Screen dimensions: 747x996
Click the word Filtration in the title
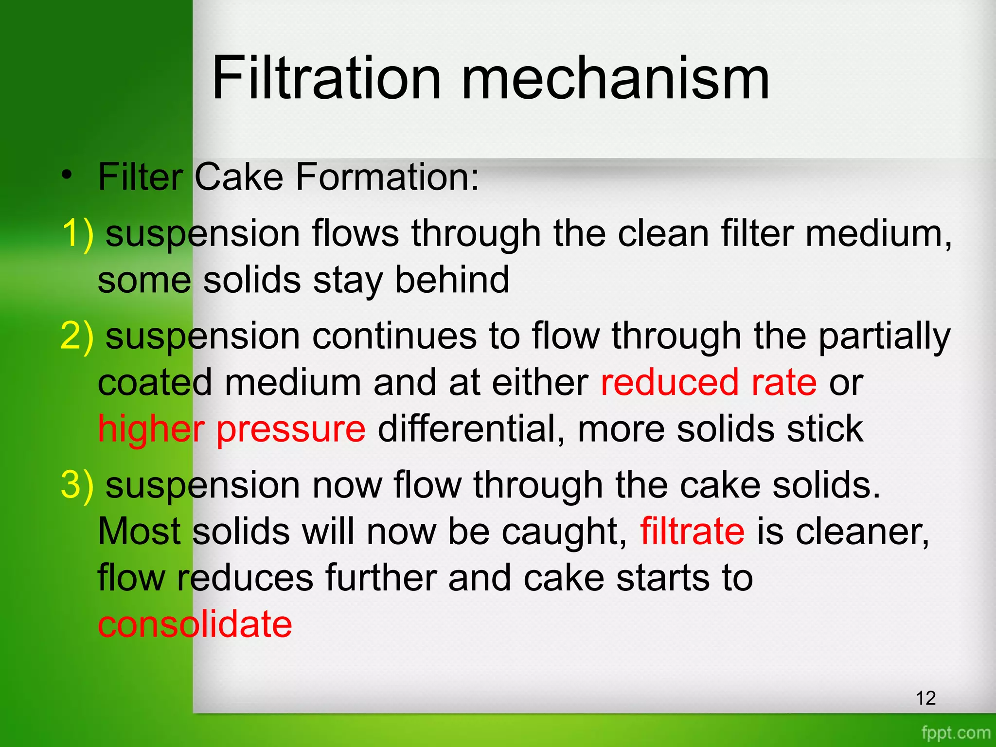coord(326,78)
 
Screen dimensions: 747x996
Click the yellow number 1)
coord(77,234)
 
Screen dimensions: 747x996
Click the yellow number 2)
coord(77,336)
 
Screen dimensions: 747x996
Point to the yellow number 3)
coord(77,485)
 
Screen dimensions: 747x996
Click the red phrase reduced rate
coord(709,382)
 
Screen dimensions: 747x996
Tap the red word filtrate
coord(692,531)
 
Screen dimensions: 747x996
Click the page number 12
coord(925,698)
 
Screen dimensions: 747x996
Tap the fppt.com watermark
coord(956,732)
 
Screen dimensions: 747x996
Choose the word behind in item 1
coord(452,280)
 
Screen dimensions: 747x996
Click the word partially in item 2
coord(884,336)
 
